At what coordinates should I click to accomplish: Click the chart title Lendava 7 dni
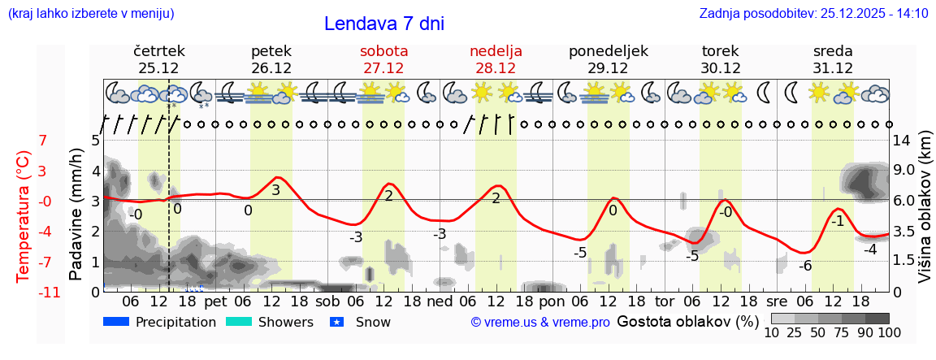point(383,24)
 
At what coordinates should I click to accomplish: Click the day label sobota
point(383,51)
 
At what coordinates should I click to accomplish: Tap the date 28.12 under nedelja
point(496,68)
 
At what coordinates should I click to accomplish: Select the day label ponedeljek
point(608,51)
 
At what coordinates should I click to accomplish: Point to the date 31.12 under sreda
point(833,68)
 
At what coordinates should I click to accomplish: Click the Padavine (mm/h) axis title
point(76,215)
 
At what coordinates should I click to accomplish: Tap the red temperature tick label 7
point(43,141)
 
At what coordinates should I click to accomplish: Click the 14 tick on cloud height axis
point(901,141)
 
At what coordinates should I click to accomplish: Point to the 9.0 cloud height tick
point(904,171)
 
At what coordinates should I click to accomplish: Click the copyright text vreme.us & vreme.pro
point(539,322)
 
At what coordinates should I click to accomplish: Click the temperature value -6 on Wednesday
point(805,266)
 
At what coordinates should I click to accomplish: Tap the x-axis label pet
point(215,300)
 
